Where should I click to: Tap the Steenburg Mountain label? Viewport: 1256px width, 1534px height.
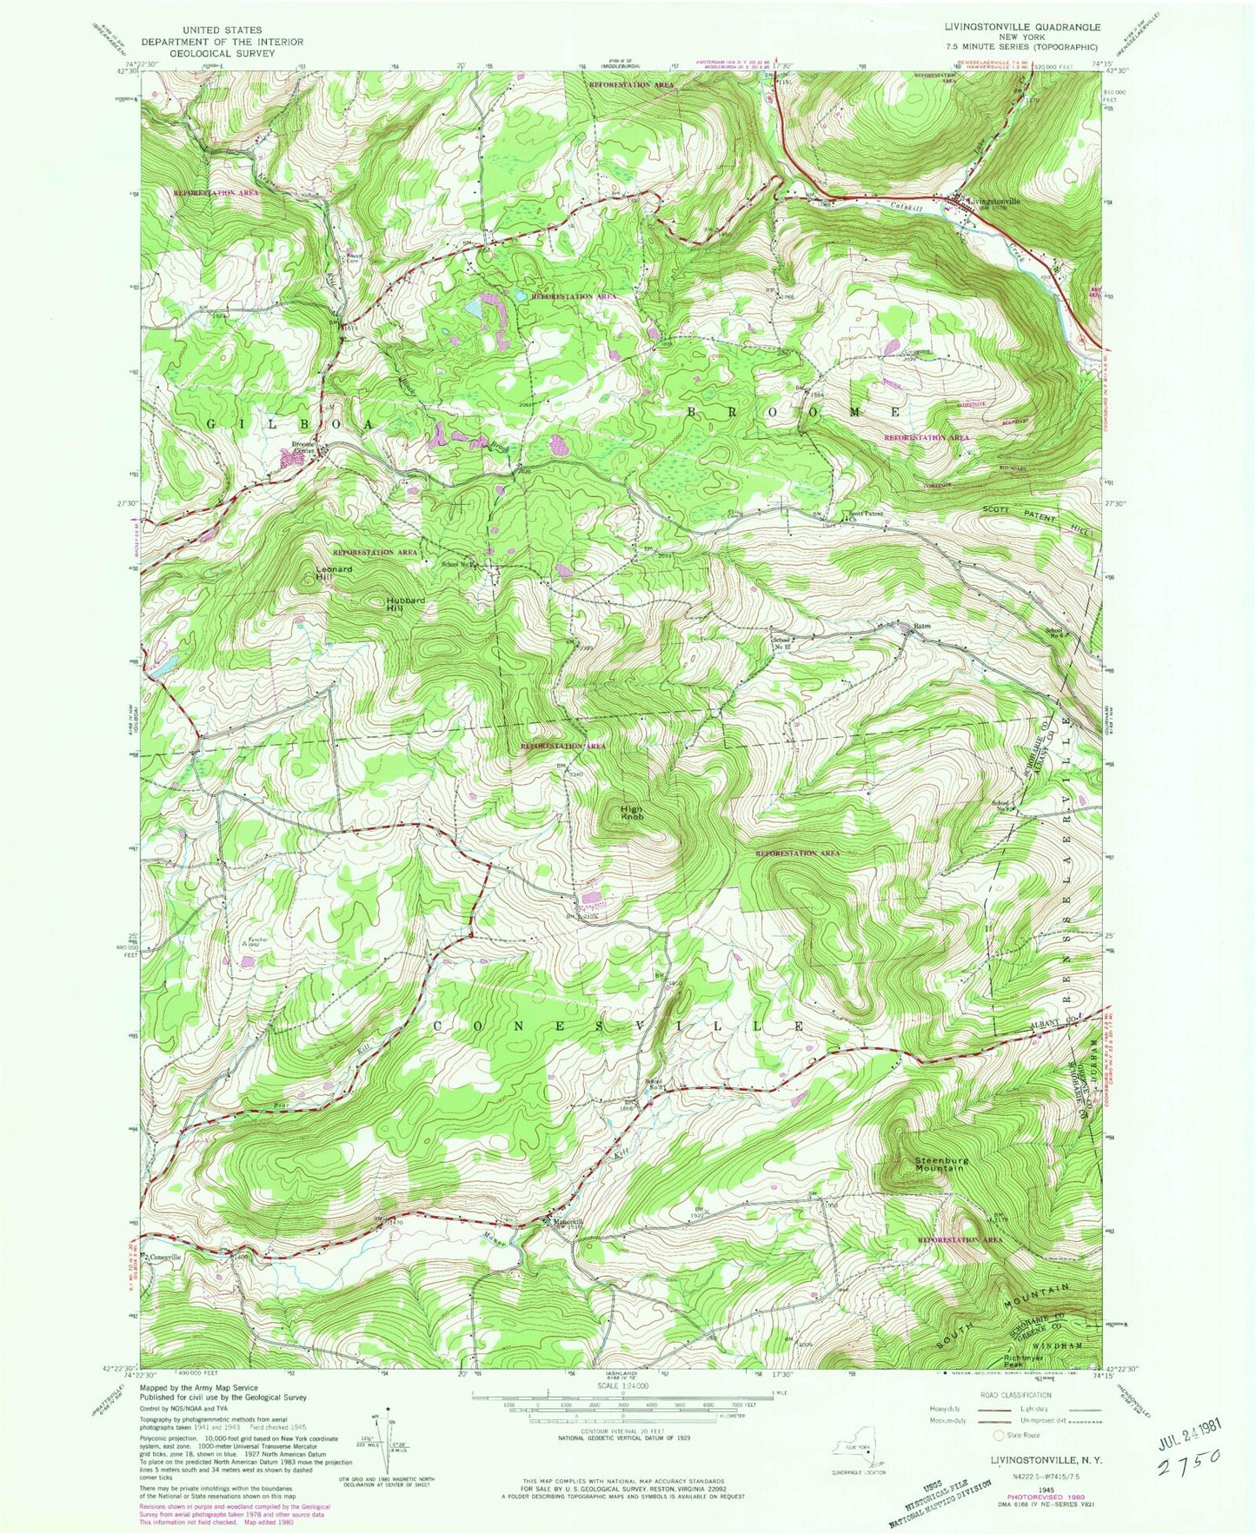(939, 1164)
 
